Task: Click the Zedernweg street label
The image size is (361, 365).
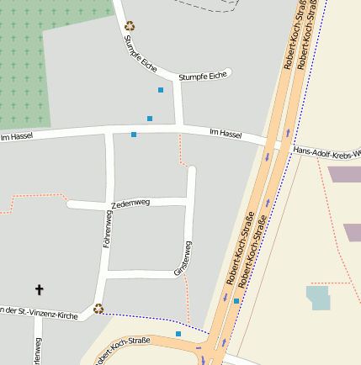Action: click(x=130, y=204)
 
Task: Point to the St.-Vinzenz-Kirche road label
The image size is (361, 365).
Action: click(x=39, y=312)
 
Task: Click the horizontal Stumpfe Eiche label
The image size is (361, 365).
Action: click(x=203, y=77)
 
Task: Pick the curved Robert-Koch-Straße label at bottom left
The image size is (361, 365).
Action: click(x=121, y=349)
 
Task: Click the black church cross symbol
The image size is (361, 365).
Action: click(x=39, y=289)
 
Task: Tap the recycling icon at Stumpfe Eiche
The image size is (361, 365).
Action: click(x=130, y=26)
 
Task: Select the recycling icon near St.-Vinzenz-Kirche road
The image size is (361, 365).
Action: click(x=98, y=308)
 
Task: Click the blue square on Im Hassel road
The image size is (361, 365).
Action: click(x=134, y=135)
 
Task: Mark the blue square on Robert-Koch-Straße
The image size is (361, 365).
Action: click(x=236, y=300)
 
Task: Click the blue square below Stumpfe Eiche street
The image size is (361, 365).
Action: click(x=161, y=89)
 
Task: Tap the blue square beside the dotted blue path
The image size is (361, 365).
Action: click(x=178, y=334)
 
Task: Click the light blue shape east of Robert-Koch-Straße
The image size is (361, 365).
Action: click(x=318, y=297)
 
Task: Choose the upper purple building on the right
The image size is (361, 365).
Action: click(x=343, y=174)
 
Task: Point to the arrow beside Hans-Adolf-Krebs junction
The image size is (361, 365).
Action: click(x=288, y=132)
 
